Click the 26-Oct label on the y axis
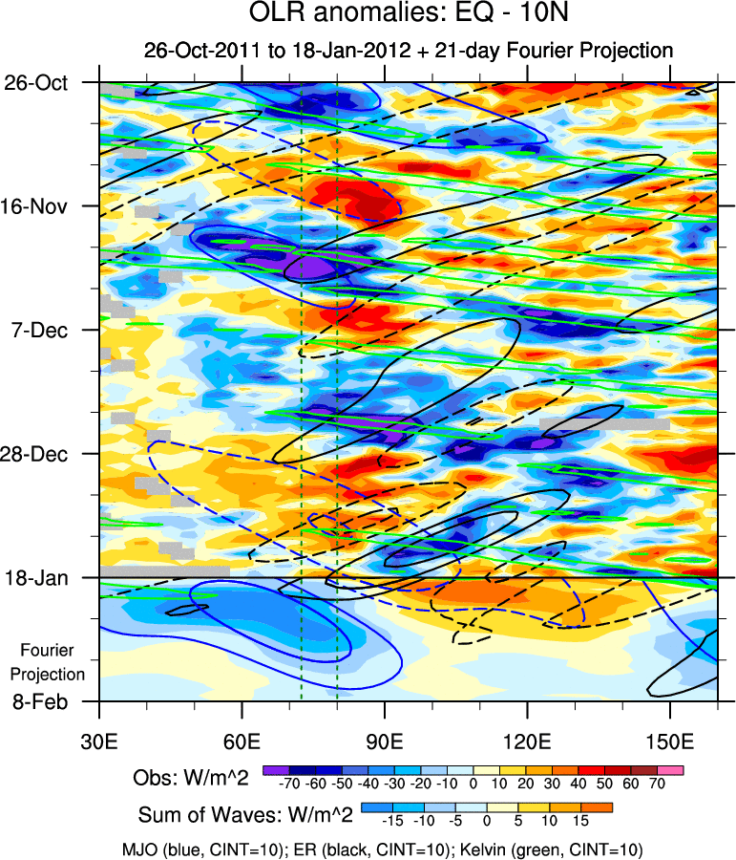pyautogui.click(x=36, y=83)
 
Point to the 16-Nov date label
pyautogui.click(x=37, y=206)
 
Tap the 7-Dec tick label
pyautogui.click(x=38, y=330)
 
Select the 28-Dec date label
pyautogui.click(x=37, y=453)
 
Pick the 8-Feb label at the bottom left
pyautogui.click(x=40, y=701)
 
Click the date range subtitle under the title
pyautogui.click(x=409, y=50)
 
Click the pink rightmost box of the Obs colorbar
pyautogui.click(x=671, y=769)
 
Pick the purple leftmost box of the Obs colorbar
pyautogui.click(x=276, y=769)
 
